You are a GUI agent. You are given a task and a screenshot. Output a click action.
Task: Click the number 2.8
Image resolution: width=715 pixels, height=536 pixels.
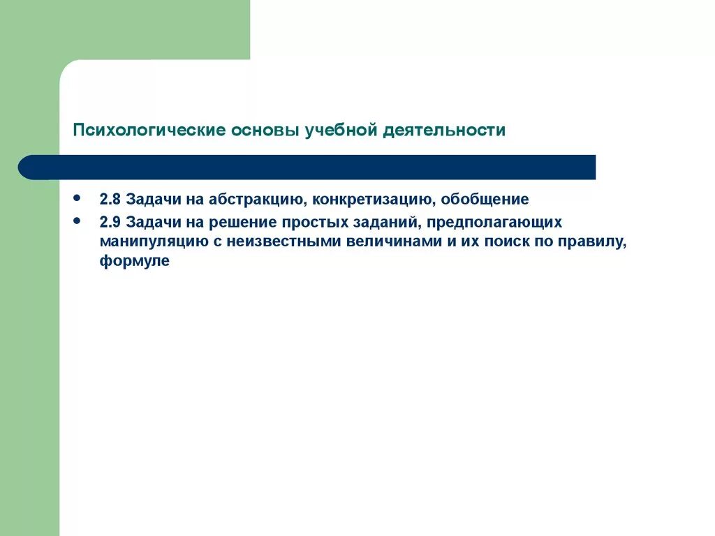[110, 200]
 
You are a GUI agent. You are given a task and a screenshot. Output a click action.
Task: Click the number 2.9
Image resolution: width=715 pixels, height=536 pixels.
[110, 223]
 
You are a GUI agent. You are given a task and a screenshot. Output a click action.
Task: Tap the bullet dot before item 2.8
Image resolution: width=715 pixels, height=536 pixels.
[76, 198]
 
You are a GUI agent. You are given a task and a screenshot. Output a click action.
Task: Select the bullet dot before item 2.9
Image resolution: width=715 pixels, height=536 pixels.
[76, 221]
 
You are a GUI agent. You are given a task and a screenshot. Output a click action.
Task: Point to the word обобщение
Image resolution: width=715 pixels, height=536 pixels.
[485, 200]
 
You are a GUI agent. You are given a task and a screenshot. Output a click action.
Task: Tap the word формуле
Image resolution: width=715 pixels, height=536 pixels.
[134, 262]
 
